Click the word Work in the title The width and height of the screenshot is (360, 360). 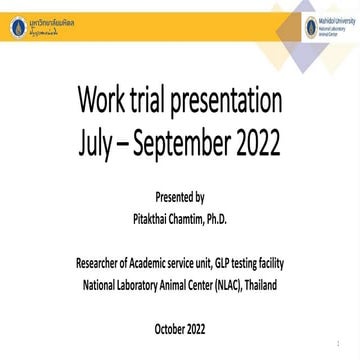[x=105, y=101]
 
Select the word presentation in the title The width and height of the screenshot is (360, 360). [x=232, y=101]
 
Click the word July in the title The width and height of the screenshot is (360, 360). [x=98, y=144]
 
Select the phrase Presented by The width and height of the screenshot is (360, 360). [x=180, y=197]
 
